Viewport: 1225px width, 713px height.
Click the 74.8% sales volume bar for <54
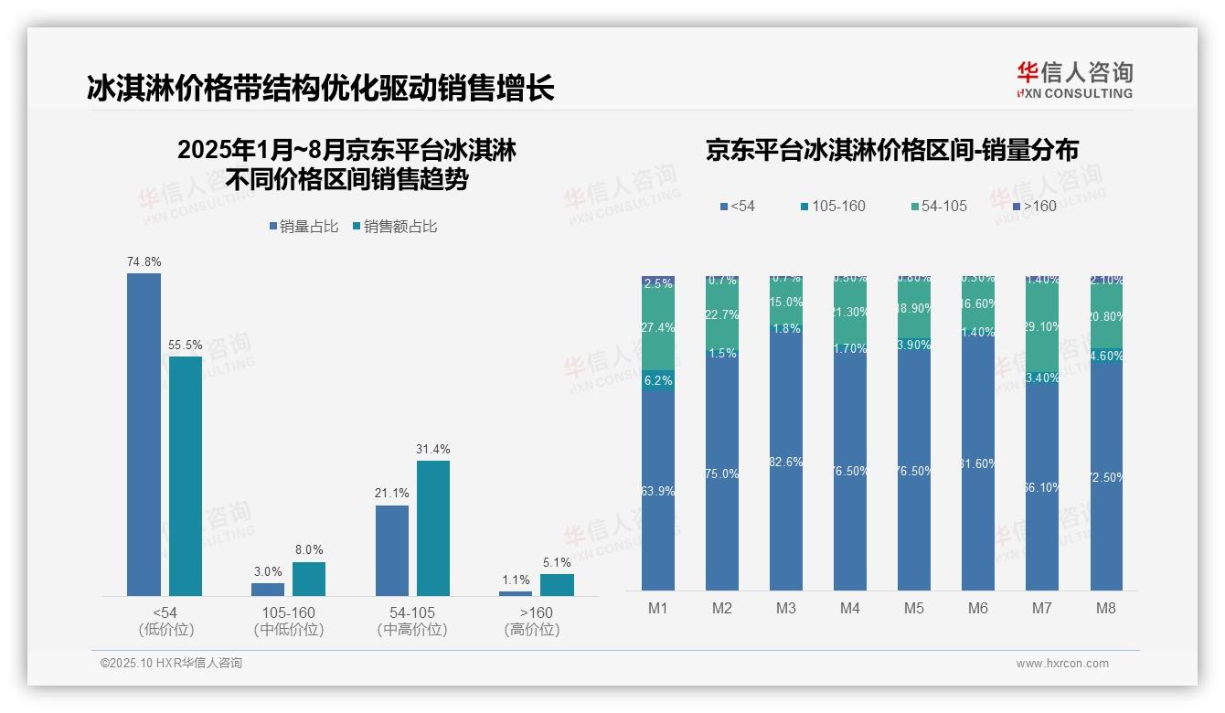click(x=144, y=434)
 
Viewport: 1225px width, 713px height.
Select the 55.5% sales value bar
click(x=185, y=475)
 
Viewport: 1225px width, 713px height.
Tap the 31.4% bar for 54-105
click(x=433, y=527)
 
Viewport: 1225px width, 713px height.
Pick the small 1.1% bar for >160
click(x=516, y=593)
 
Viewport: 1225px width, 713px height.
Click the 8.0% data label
click(x=309, y=549)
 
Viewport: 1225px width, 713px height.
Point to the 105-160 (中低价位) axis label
click(x=289, y=621)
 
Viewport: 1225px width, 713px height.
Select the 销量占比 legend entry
click(x=304, y=227)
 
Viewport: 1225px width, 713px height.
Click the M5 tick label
click(x=913, y=608)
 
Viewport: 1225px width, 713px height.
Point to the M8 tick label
click(x=1105, y=608)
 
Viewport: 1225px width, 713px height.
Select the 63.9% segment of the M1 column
click(x=658, y=491)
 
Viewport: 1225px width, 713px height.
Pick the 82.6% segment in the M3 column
click(x=786, y=463)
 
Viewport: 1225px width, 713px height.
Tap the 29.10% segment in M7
click(x=1042, y=327)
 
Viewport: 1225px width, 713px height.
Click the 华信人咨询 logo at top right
click(x=1074, y=80)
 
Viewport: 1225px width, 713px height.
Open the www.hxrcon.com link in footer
click(x=1062, y=664)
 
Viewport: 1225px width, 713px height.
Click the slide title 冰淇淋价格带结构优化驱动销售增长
click(x=321, y=89)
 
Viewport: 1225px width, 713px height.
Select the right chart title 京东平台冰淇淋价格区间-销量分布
click(x=891, y=151)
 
